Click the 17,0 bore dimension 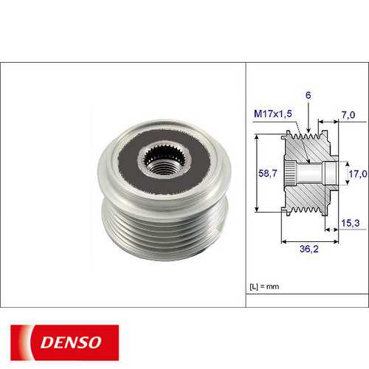point(357,175)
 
